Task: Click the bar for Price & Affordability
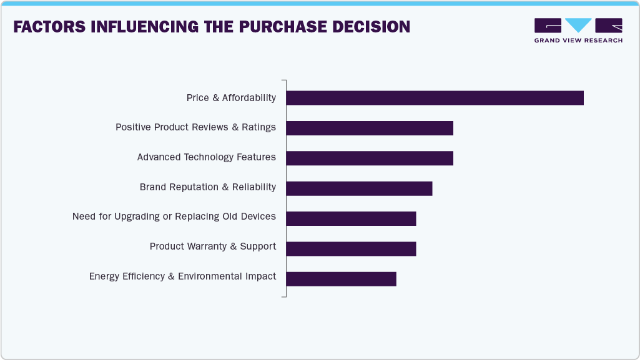(x=435, y=98)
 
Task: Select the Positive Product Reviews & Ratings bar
(x=370, y=128)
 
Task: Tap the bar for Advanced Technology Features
(x=370, y=158)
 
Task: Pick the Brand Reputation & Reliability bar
(x=359, y=188)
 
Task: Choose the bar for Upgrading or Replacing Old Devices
(x=351, y=218)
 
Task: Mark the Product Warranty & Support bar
(x=351, y=248)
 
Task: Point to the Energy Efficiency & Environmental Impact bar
(x=341, y=278)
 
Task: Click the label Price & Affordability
(x=231, y=98)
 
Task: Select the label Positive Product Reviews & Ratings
(x=195, y=127)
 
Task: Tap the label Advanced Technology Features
(x=206, y=157)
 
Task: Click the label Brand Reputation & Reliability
(x=207, y=187)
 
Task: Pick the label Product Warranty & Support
(x=212, y=246)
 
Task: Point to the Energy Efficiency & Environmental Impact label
(x=182, y=276)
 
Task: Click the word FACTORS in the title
(x=49, y=27)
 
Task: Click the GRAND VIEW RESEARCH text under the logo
(x=578, y=41)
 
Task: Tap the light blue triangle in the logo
(x=578, y=25)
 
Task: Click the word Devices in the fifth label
(x=258, y=216)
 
